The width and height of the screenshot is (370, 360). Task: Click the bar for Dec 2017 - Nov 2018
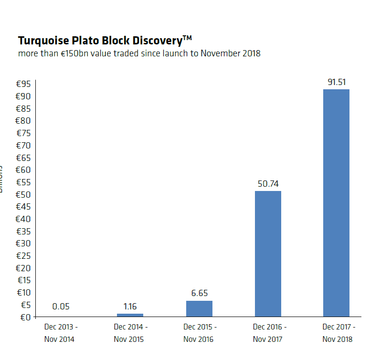click(336, 203)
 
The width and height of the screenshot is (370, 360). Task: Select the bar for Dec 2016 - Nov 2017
click(268, 254)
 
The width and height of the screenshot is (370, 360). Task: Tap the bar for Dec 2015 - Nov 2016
click(199, 308)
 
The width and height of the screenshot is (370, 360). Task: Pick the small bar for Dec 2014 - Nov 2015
click(130, 315)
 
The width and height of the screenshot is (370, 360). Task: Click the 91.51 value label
click(337, 82)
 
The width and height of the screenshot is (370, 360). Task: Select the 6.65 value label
click(199, 293)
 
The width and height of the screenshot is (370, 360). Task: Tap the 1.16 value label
click(130, 307)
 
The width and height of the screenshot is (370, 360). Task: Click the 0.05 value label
click(61, 307)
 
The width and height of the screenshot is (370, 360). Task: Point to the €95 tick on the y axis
click(23, 84)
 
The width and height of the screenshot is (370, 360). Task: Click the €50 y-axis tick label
click(23, 194)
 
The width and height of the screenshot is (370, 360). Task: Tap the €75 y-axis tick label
click(23, 133)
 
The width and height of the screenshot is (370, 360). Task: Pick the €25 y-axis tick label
click(23, 256)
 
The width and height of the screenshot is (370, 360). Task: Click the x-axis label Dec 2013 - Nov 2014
click(61, 333)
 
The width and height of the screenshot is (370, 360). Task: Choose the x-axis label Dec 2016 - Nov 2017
click(268, 333)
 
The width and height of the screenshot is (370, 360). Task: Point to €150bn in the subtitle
click(74, 53)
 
